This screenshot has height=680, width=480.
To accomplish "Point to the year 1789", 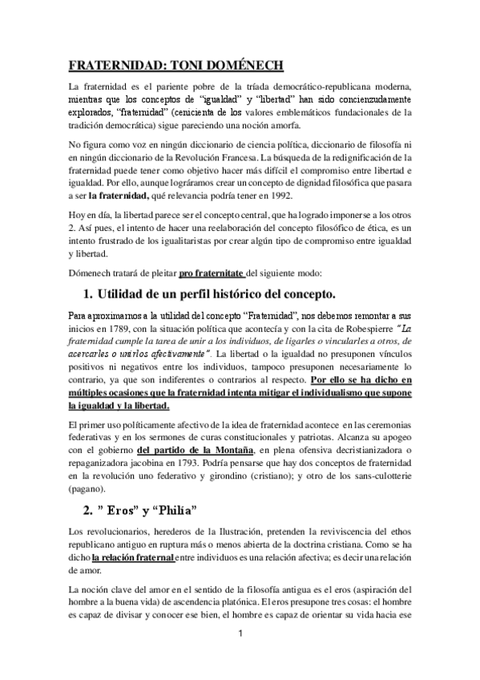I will click(110, 349).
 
